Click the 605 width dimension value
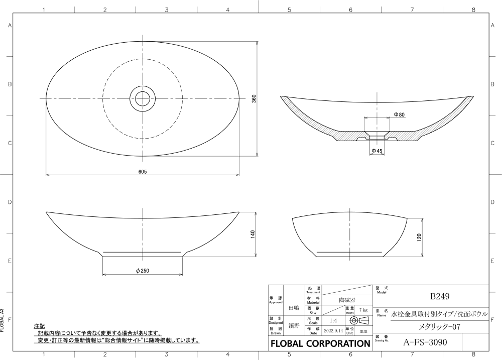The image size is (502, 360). pos(143,172)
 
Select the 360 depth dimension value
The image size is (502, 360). pos(254,99)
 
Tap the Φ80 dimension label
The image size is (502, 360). pos(400,115)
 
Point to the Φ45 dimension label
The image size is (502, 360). pos(377,151)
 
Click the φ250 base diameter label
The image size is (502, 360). pos(143,271)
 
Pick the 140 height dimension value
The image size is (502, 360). pos(253,233)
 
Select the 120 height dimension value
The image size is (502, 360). pos(419,237)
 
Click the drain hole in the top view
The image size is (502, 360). pos(143,97)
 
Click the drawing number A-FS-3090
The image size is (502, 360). pos(425,342)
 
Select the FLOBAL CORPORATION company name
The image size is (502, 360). pos(320,344)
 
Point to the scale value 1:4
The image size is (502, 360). pos(333,320)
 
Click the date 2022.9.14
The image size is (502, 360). pos(333,331)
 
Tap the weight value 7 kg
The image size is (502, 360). pos(364,310)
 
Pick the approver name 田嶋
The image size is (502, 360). pos(294,307)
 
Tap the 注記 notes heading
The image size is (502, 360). pos(39,326)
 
